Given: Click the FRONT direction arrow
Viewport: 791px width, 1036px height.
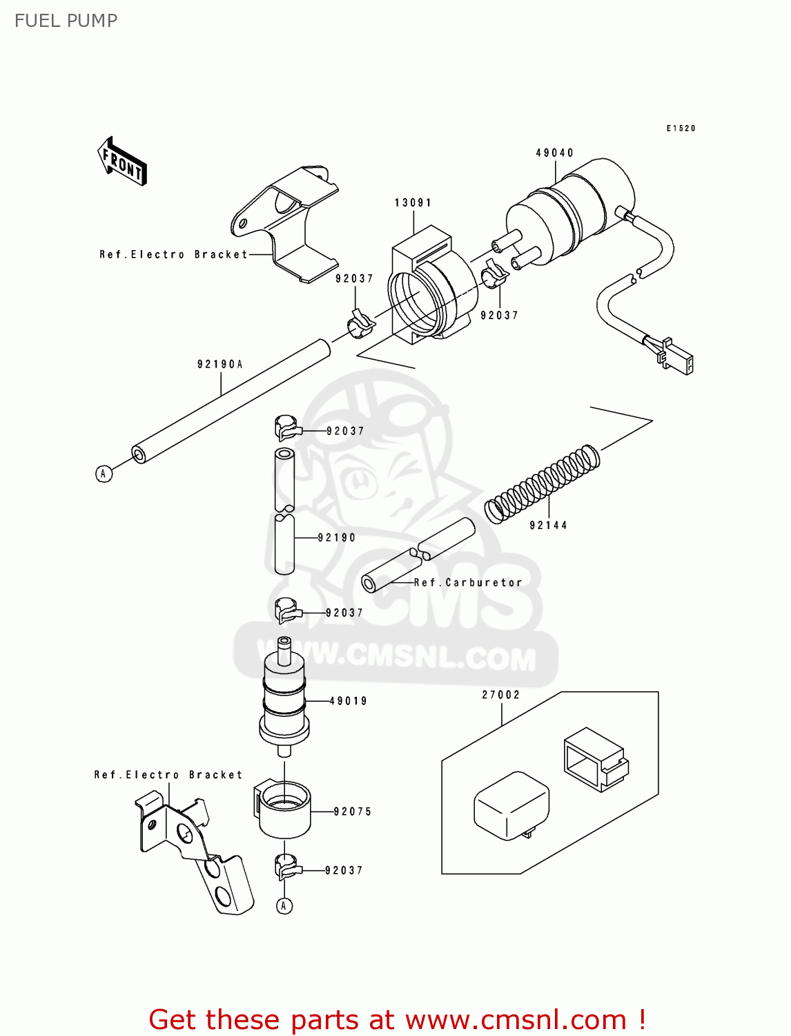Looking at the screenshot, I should [x=122, y=162].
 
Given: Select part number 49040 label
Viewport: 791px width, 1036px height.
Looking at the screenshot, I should [x=554, y=153].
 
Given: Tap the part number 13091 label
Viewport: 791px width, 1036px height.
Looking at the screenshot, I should [x=413, y=202].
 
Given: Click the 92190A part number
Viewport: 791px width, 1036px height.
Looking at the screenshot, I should [x=220, y=364].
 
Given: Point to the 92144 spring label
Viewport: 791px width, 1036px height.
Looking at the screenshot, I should [x=548, y=525].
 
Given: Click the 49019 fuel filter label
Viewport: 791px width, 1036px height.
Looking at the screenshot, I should [x=349, y=701].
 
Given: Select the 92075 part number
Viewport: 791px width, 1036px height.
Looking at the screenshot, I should [x=353, y=812].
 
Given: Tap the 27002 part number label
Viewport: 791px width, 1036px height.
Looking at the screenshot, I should [x=500, y=695].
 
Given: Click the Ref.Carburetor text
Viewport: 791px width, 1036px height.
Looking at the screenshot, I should [x=468, y=582].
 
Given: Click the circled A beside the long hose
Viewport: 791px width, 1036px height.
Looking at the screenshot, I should [x=104, y=473].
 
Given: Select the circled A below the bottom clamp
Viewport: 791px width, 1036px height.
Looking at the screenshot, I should [x=284, y=905].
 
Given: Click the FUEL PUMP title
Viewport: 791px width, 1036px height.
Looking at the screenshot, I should [x=66, y=21].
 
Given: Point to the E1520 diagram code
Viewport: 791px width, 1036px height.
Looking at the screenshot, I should [x=681, y=128].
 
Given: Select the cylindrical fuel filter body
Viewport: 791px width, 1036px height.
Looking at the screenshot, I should [x=284, y=698].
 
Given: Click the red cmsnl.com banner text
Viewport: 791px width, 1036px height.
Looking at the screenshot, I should [x=397, y=1019].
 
